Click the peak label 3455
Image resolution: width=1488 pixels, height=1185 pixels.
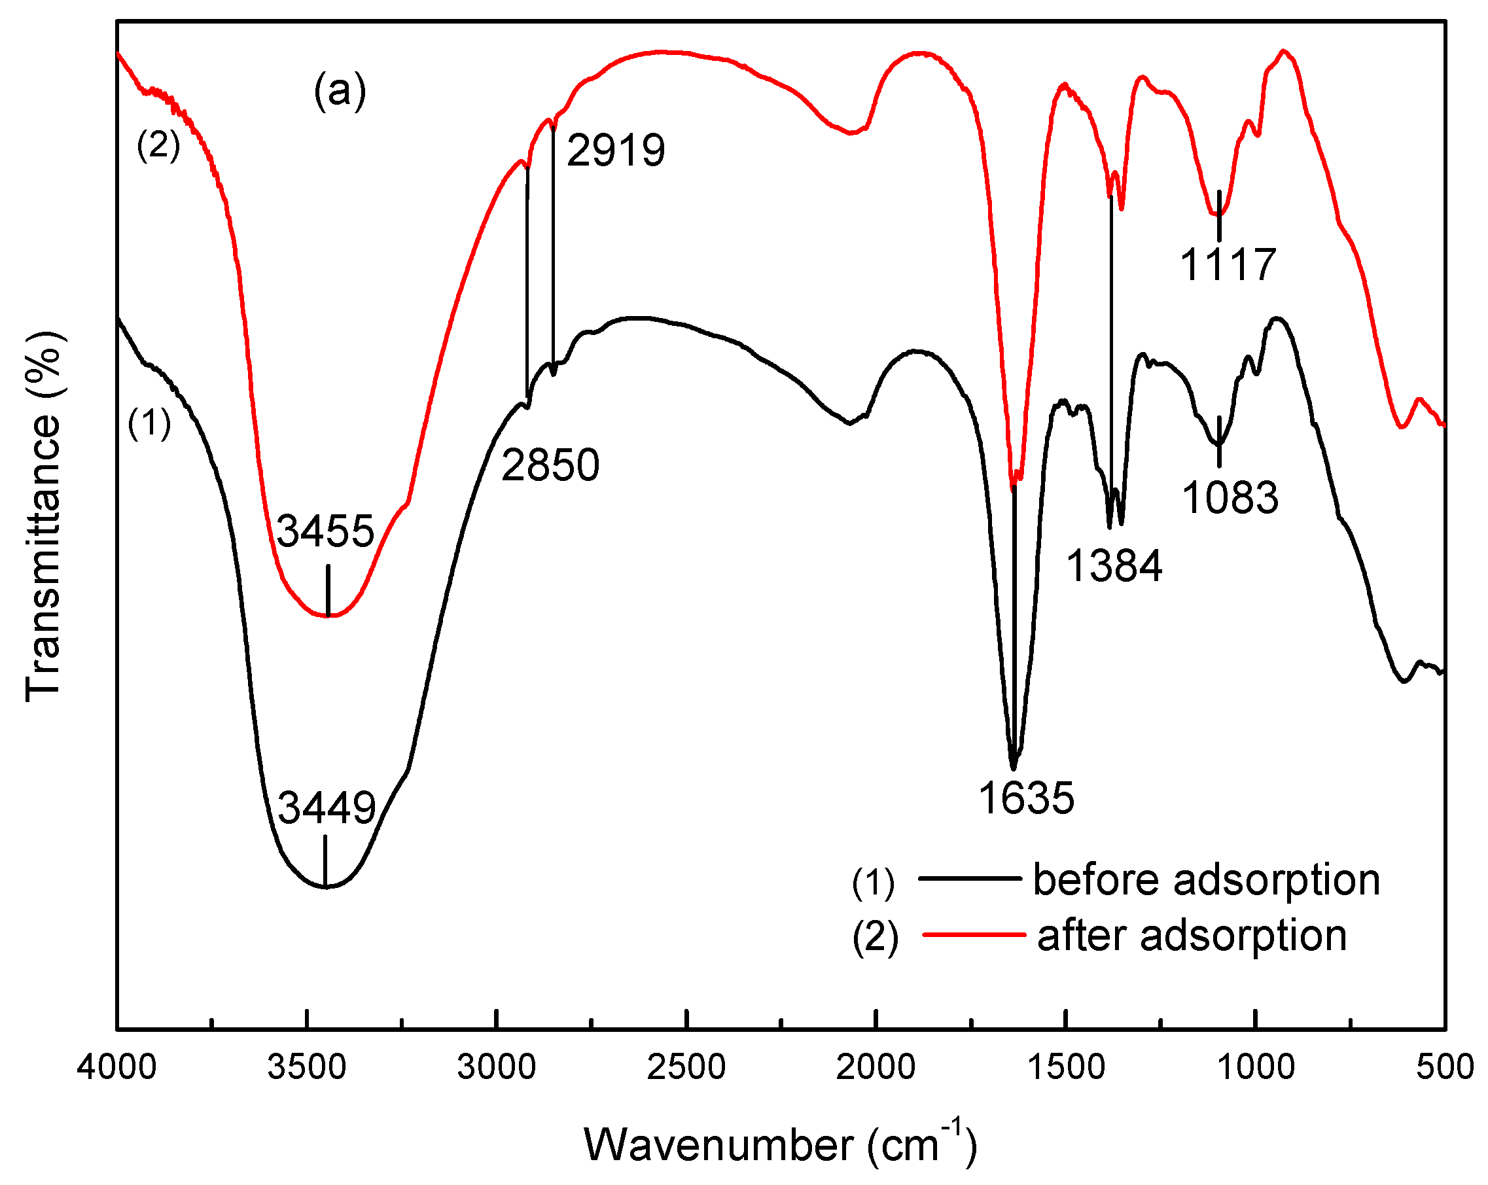coord(325,531)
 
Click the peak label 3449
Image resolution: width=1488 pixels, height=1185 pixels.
coord(327,807)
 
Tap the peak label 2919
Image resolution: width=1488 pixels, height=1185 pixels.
coord(616,150)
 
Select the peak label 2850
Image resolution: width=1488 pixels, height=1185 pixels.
coord(550,465)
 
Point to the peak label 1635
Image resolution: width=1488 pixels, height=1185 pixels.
coord(1026,798)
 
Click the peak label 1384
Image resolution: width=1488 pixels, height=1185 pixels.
coord(1114,566)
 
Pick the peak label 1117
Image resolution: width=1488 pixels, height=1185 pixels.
coord(1228,264)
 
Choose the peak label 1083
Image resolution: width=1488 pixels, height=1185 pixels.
coord(1230,497)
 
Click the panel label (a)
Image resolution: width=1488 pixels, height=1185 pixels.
coord(340,91)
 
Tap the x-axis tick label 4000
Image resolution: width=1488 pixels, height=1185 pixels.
coord(116,1067)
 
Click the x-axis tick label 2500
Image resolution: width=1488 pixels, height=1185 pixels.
coord(686,1067)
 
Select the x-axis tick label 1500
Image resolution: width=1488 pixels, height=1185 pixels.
coord(1067,1067)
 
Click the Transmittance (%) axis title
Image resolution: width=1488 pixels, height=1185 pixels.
coord(43,516)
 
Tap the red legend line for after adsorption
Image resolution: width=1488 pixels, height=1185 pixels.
coord(973,935)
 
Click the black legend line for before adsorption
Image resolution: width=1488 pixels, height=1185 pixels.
coord(970,879)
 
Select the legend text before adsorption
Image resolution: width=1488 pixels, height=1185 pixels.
coord(1207,880)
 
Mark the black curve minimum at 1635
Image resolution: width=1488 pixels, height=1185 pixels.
coord(1013,768)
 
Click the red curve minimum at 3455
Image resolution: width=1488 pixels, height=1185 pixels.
coord(328,616)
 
